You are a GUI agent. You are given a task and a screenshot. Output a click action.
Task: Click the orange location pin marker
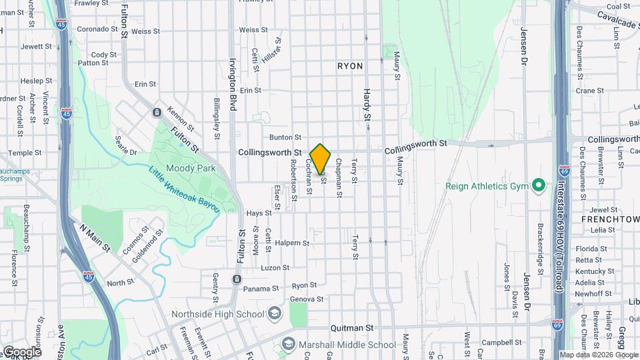321,159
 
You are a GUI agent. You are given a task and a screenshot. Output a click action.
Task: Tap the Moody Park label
191,169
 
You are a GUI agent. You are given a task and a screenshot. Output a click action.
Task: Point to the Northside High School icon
274,314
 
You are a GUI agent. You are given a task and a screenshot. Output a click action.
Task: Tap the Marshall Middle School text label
347,345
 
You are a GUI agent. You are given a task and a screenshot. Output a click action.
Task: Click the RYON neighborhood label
350,66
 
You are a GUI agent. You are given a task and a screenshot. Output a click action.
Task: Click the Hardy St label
367,105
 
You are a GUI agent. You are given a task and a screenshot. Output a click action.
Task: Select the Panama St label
261,289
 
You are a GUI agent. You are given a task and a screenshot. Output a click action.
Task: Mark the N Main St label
95,237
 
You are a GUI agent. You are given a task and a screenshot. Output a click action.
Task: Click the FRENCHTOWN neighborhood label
610,219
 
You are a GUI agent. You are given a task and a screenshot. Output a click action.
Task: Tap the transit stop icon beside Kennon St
157,112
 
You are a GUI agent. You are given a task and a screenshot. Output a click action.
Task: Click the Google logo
21,351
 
